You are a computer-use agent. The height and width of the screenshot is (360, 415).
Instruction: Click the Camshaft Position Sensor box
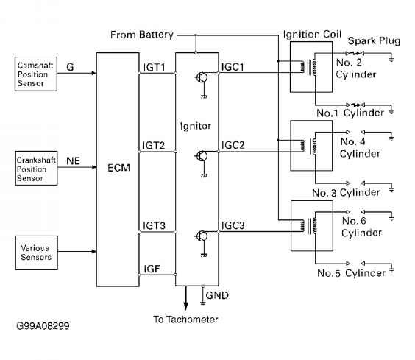36,74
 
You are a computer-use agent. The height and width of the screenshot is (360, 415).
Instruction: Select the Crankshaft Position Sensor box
36,168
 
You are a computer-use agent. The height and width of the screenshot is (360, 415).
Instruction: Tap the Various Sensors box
37,253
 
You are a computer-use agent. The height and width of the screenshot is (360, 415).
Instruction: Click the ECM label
119,168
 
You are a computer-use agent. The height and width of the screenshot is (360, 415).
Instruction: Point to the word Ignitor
196,126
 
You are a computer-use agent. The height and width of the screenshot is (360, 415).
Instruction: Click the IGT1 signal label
154,67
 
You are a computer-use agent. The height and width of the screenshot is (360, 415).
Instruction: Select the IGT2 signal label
154,146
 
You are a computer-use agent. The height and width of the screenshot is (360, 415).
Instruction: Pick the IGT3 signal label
154,225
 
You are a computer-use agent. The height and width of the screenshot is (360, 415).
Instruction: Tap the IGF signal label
152,269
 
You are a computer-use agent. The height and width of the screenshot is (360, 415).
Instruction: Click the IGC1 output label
233,67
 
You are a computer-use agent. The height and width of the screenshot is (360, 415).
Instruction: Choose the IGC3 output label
233,225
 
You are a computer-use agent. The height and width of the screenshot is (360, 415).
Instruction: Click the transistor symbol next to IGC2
202,156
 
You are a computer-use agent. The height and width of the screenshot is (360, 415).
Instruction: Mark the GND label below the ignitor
217,295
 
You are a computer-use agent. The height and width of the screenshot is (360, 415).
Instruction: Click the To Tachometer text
185,320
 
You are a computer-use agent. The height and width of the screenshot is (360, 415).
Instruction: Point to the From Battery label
142,35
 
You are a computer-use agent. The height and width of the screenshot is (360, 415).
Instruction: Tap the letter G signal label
70,67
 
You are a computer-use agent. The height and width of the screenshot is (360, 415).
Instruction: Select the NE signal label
73,160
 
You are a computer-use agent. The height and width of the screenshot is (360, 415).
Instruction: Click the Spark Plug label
374,40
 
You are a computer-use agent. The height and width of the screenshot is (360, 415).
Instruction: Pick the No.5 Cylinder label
352,273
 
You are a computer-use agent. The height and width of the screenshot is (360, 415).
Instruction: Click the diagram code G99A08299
43,326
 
